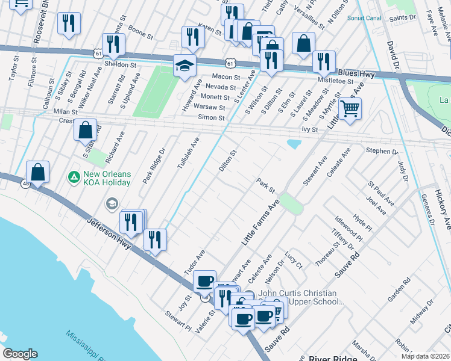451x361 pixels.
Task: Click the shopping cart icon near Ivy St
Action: pyautogui.click(x=349, y=109)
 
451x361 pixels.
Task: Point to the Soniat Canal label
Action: pyautogui.click(x=365, y=17)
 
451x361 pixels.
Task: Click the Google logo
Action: pyautogui.click(x=20, y=354)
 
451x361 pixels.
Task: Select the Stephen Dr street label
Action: pyautogui.click(x=382, y=152)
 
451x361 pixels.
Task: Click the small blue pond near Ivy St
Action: pyautogui.click(x=294, y=144)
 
